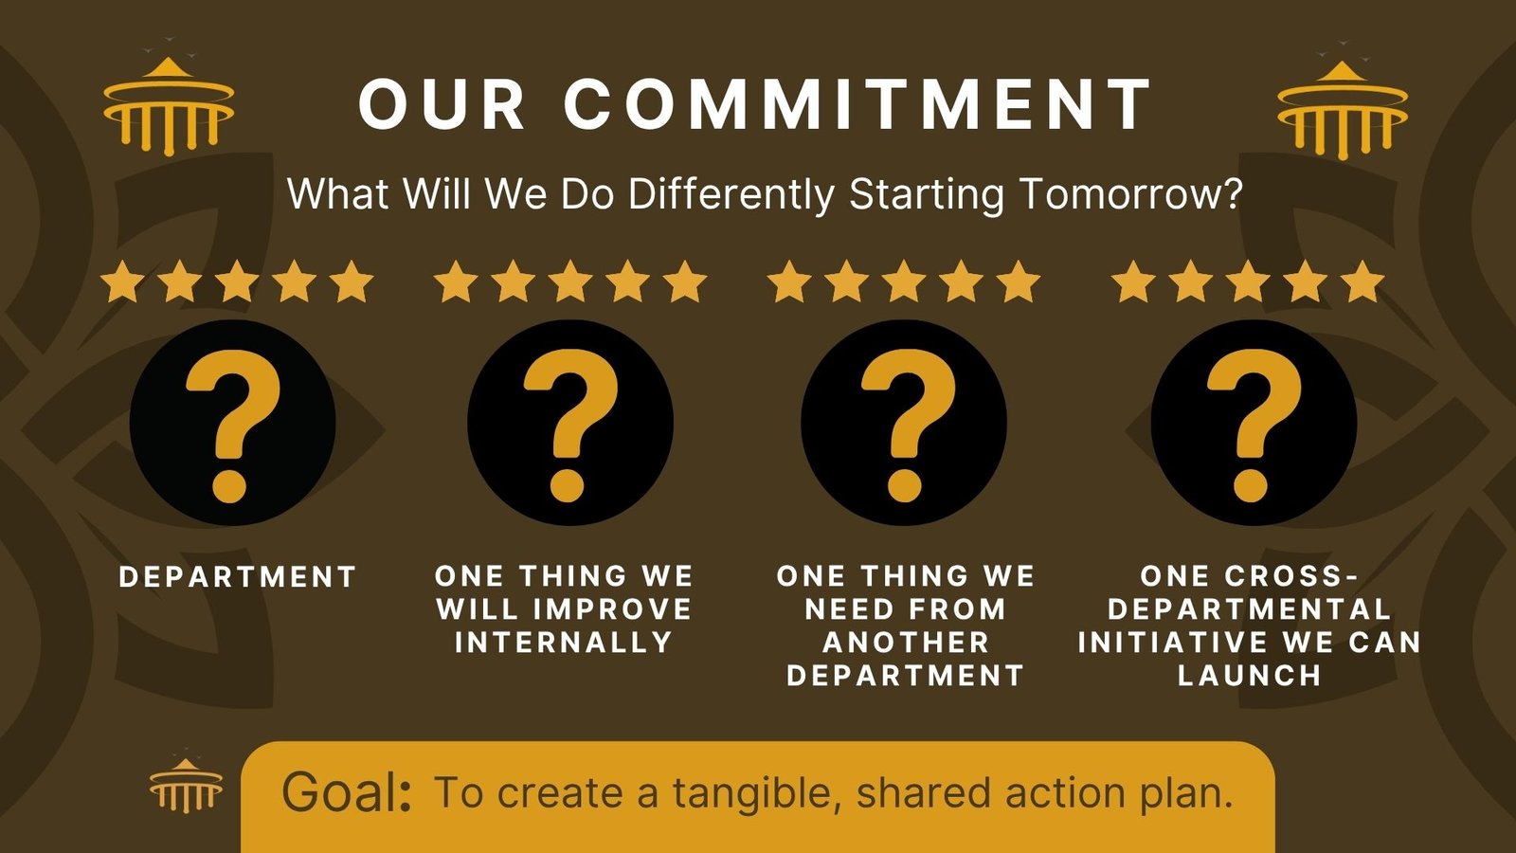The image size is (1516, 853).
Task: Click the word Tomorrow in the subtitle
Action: (x=1130, y=193)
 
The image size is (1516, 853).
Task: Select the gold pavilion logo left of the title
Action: (x=169, y=106)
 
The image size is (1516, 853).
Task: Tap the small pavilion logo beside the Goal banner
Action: (x=186, y=785)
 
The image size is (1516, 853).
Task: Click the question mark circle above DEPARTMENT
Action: (x=233, y=423)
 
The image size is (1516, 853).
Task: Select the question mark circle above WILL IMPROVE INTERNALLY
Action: (x=569, y=423)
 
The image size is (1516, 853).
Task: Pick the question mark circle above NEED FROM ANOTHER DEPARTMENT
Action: (x=904, y=423)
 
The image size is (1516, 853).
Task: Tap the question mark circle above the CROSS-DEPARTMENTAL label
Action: (x=1254, y=423)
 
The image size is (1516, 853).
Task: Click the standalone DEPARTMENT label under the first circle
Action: (x=238, y=577)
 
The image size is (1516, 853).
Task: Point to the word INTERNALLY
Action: (x=564, y=642)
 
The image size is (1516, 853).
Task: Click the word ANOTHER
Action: (x=906, y=642)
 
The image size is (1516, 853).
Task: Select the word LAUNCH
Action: (x=1250, y=675)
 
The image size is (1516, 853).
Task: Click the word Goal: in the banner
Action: (x=347, y=792)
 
